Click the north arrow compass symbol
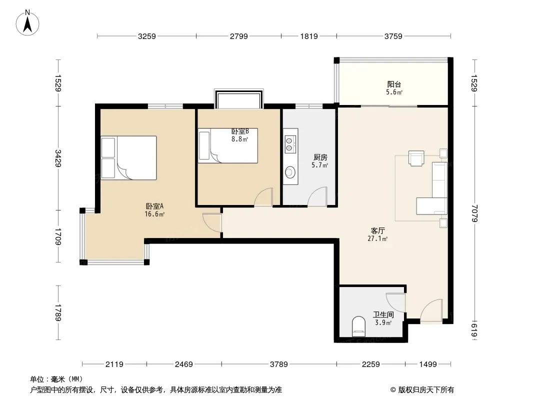27,23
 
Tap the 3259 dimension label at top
147,36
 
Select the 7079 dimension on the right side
474,213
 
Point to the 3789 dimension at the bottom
278,364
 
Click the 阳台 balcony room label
394,84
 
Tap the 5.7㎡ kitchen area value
320,165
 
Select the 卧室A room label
154,206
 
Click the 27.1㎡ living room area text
377,238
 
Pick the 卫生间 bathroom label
383,314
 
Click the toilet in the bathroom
358,325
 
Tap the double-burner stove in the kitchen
290,144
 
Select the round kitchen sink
290,172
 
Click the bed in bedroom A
129,158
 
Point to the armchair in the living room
416,158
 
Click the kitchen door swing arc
317,196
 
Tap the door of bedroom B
264,197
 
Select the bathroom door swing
395,302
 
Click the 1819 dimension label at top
309,36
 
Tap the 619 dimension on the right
474,330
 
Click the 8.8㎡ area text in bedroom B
239,139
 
